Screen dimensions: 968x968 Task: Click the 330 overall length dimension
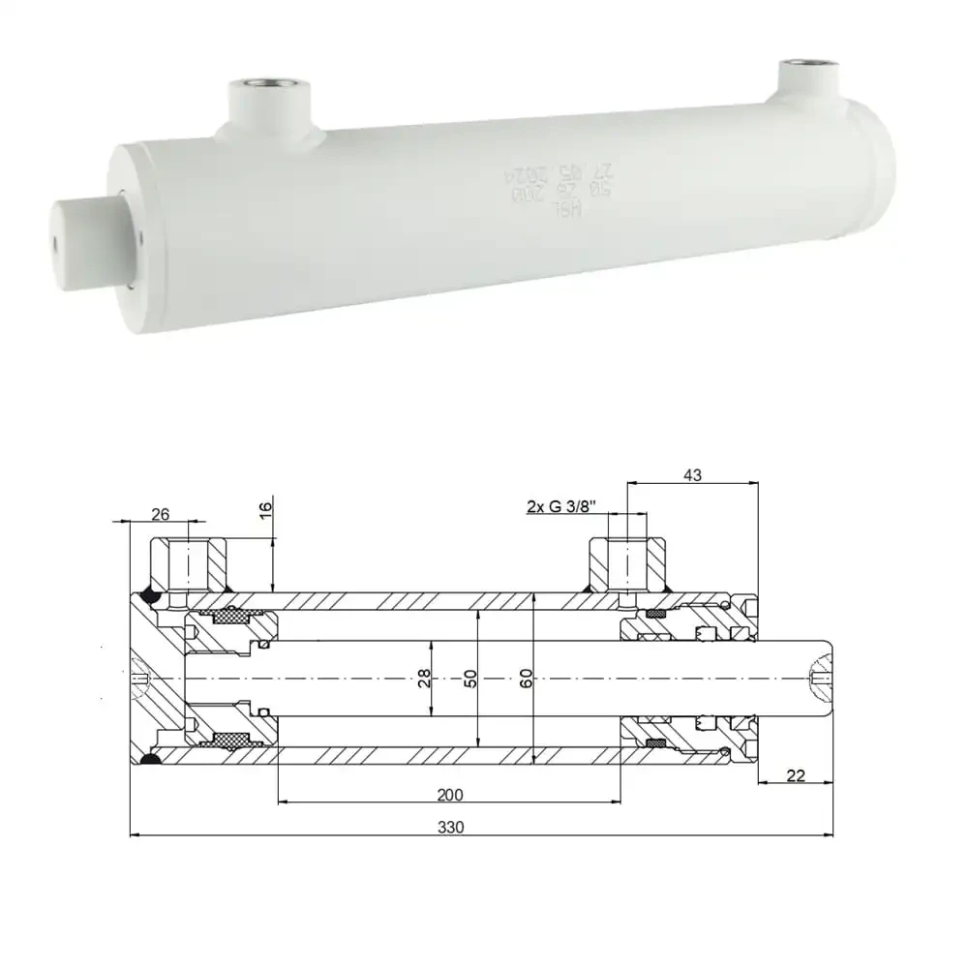tap(451, 827)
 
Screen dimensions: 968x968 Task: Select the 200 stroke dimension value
tap(450, 795)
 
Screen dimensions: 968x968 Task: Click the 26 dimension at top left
tap(162, 513)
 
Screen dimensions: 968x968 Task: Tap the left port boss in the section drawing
tap(189, 565)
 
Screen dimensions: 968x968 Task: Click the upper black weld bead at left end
tap(150, 594)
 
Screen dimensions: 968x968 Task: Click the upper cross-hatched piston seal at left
tap(230, 617)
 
